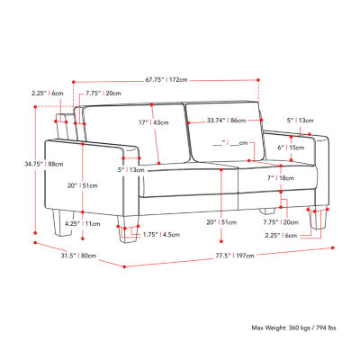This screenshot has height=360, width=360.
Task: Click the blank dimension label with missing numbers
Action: coord(237,142)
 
